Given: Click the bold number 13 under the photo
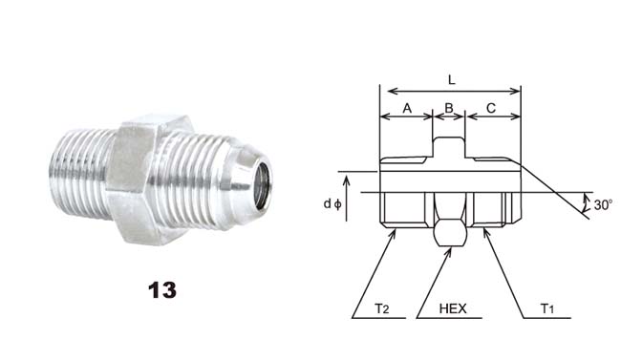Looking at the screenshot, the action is [162, 290].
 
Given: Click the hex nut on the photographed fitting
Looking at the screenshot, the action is [148, 180].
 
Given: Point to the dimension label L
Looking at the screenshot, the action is [452, 80].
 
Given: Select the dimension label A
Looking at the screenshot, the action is [407, 108].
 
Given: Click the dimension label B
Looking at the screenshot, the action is [449, 108].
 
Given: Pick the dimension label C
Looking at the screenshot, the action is [491, 108].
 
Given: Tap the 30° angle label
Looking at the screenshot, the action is [603, 205].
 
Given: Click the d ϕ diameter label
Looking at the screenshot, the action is [332, 204].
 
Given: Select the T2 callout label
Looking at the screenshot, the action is [382, 308].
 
